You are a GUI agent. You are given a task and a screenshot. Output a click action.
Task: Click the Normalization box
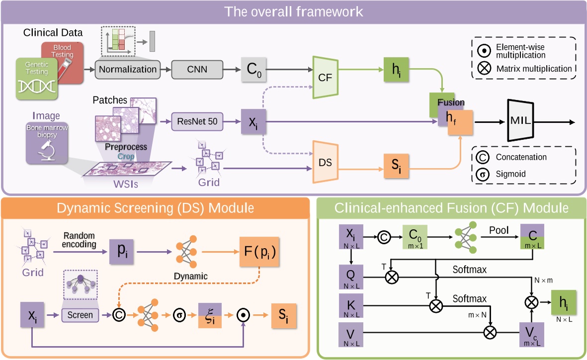(128, 69)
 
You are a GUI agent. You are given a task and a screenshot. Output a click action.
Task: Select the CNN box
(197, 69)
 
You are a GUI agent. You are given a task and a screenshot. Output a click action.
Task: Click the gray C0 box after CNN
(254, 69)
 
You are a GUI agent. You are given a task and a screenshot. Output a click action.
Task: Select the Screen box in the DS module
(80, 315)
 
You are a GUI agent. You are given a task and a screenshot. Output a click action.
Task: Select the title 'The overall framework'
(293, 11)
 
